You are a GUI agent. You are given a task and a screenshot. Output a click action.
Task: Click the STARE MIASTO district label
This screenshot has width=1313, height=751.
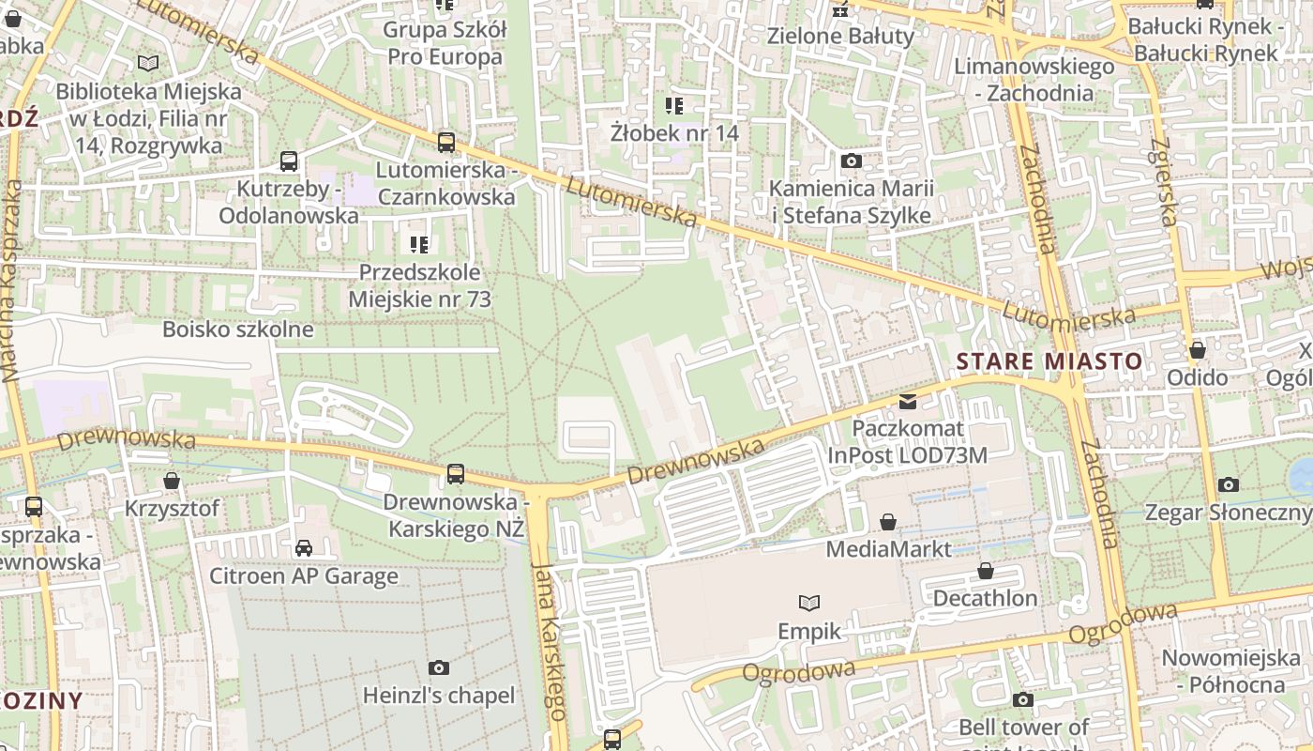click(x=1049, y=361)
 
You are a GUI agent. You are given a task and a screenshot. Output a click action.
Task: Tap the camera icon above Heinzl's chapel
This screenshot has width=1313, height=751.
click(x=438, y=668)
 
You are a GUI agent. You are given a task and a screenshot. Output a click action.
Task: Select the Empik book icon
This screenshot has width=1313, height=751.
click(x=809, y=603)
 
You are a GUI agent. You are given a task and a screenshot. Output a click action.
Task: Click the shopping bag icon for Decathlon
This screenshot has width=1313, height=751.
click(x=986, y=571)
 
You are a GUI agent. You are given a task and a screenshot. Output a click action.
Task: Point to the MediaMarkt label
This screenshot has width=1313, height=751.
click(x=888, y=548)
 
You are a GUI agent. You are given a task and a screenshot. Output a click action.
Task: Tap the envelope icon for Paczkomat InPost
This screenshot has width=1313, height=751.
click(x=908, y=402)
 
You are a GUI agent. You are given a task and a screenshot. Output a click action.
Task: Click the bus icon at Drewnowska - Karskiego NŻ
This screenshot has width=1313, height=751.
click(x=456, y=474)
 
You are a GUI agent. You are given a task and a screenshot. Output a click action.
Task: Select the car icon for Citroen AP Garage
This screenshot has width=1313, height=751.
click(x=304, y=548)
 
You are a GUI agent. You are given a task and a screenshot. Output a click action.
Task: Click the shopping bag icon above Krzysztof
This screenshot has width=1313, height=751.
click(x=172, y=481)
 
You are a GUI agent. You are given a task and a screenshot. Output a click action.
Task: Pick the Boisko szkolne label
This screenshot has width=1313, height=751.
click(x=238, y=330)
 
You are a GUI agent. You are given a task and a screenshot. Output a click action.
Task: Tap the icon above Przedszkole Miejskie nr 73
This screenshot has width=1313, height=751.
click(x=419, y=245)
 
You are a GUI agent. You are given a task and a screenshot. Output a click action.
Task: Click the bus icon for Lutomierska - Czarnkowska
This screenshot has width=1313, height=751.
click(x=446, y=143)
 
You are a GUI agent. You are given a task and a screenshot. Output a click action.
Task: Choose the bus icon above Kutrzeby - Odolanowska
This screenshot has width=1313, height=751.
click(x=289, y=161)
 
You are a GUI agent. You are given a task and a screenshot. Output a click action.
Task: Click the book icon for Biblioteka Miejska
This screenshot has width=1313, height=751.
click(x=148, y=64)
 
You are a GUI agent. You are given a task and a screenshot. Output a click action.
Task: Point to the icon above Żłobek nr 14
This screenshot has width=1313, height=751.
click(x=674, y=105)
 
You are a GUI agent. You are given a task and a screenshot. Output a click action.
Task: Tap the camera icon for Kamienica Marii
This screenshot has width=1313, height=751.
click(x=852, y=161)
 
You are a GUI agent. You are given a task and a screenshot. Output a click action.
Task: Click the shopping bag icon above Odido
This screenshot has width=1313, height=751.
click(x=1198, y=350)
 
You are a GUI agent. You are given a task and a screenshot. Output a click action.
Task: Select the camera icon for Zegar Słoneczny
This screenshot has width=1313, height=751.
click(x=1229, y=485)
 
